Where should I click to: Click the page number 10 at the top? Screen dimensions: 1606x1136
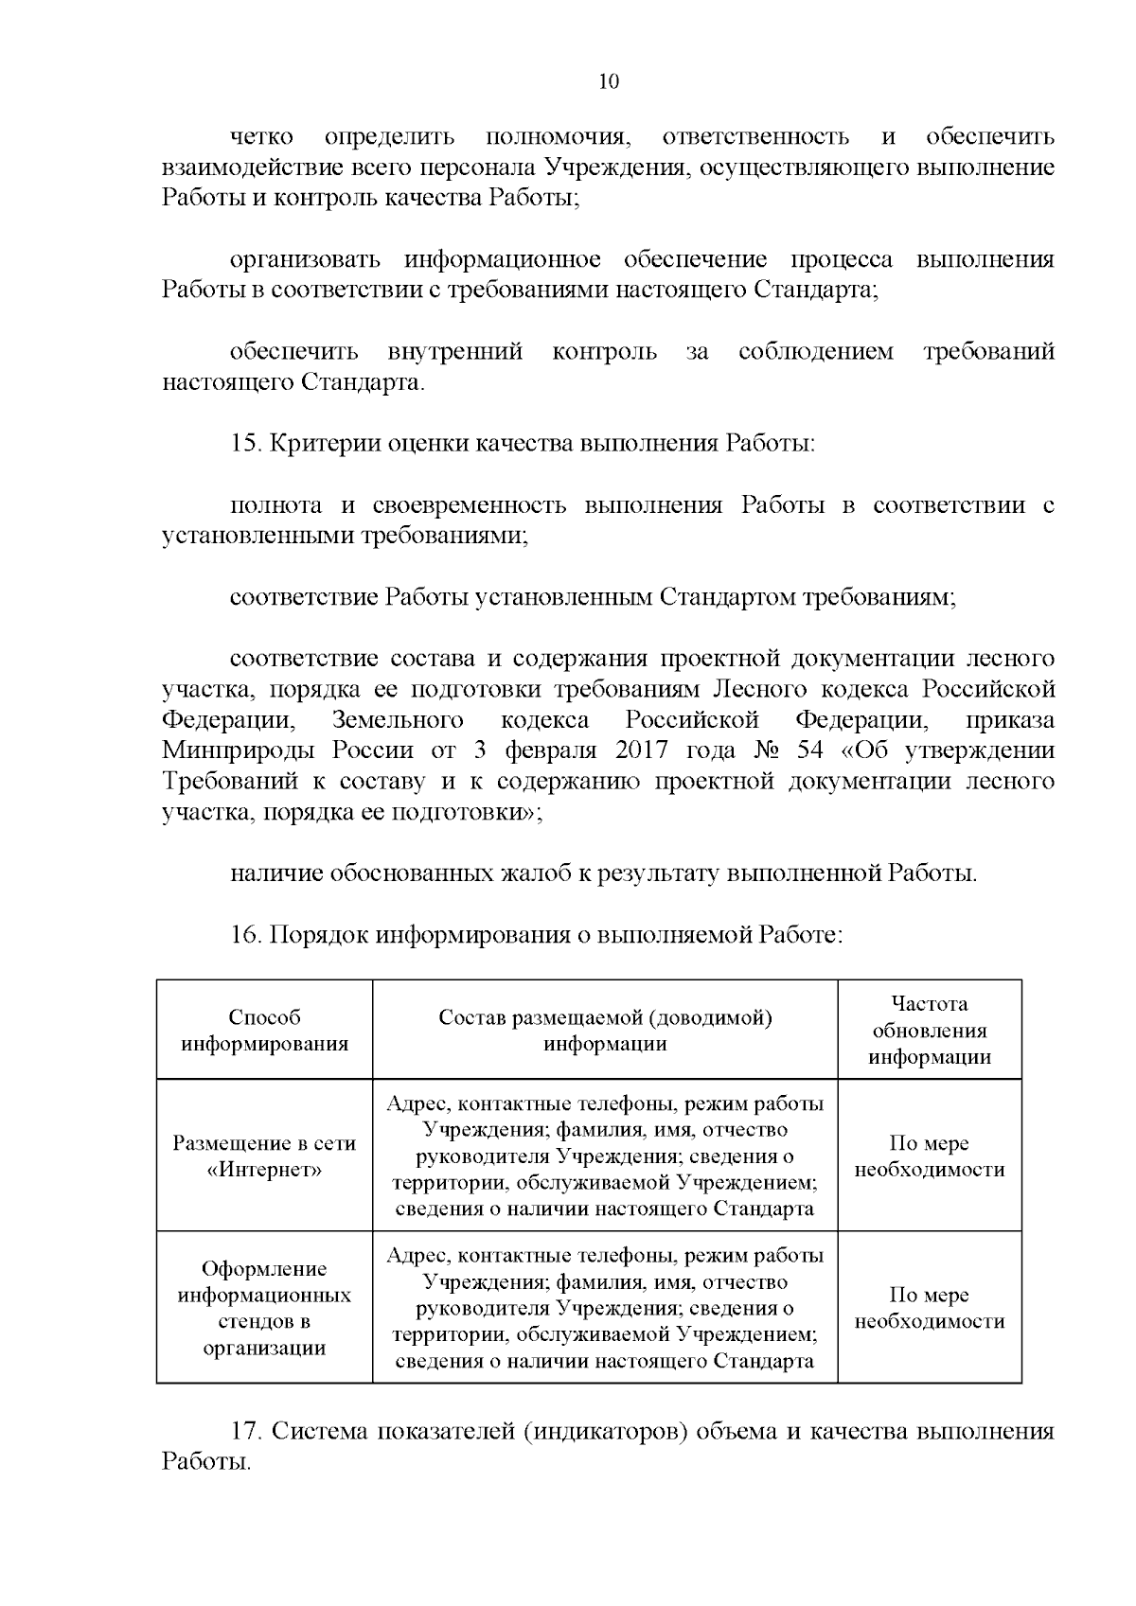coord(609,81)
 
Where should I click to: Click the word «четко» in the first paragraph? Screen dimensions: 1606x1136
coord(261,137)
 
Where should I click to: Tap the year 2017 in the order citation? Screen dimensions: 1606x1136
coord(642,751)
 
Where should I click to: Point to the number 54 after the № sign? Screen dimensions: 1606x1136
coord(811,751)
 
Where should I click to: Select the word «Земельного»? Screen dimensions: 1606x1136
coord(398,721)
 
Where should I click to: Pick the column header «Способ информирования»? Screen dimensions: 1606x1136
coord(265,1031)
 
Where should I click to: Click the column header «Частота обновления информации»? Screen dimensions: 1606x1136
coord(930,1031)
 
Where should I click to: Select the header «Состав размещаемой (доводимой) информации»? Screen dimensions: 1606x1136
coord(605,1031)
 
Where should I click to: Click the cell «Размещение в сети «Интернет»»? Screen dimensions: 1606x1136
coord(265,1156)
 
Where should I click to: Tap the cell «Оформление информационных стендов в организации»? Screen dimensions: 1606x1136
coord(265,1308)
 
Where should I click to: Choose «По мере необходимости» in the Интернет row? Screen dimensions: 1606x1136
coord(930,1156)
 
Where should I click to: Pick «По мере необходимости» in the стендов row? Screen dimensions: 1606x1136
coord(930,1308)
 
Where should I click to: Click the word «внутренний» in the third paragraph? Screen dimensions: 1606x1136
coord(455,353)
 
